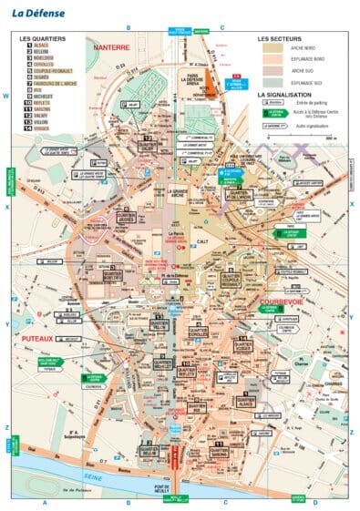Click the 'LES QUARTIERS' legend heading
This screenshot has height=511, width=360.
[x=42, y=41]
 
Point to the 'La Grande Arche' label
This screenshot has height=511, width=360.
[x=201, y=192]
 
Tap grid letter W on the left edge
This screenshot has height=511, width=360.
[x=5, y=96]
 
